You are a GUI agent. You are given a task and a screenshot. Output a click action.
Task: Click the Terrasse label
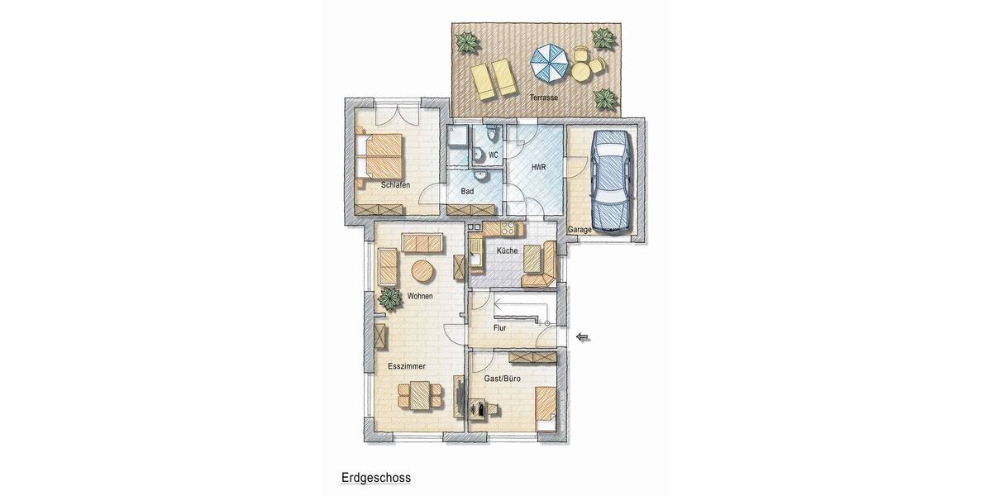point(544,98)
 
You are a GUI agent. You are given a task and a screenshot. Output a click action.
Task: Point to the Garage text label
point(579,229)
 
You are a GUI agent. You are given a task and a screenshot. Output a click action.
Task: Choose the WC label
point(494,155)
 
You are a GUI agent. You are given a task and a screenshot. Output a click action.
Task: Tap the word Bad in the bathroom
point(466,191)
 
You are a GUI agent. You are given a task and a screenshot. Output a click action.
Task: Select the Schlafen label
point(396,185)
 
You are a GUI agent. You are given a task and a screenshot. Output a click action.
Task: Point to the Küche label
point(507,250)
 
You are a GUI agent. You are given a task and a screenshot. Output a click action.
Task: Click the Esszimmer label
point(406,365)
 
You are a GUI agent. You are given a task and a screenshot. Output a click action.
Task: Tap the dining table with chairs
point(419,394)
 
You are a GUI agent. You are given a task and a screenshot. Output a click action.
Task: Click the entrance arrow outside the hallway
point(584,336)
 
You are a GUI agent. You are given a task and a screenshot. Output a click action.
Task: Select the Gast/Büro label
point(503,379)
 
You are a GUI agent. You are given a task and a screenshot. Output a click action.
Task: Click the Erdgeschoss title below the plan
point(375,478)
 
